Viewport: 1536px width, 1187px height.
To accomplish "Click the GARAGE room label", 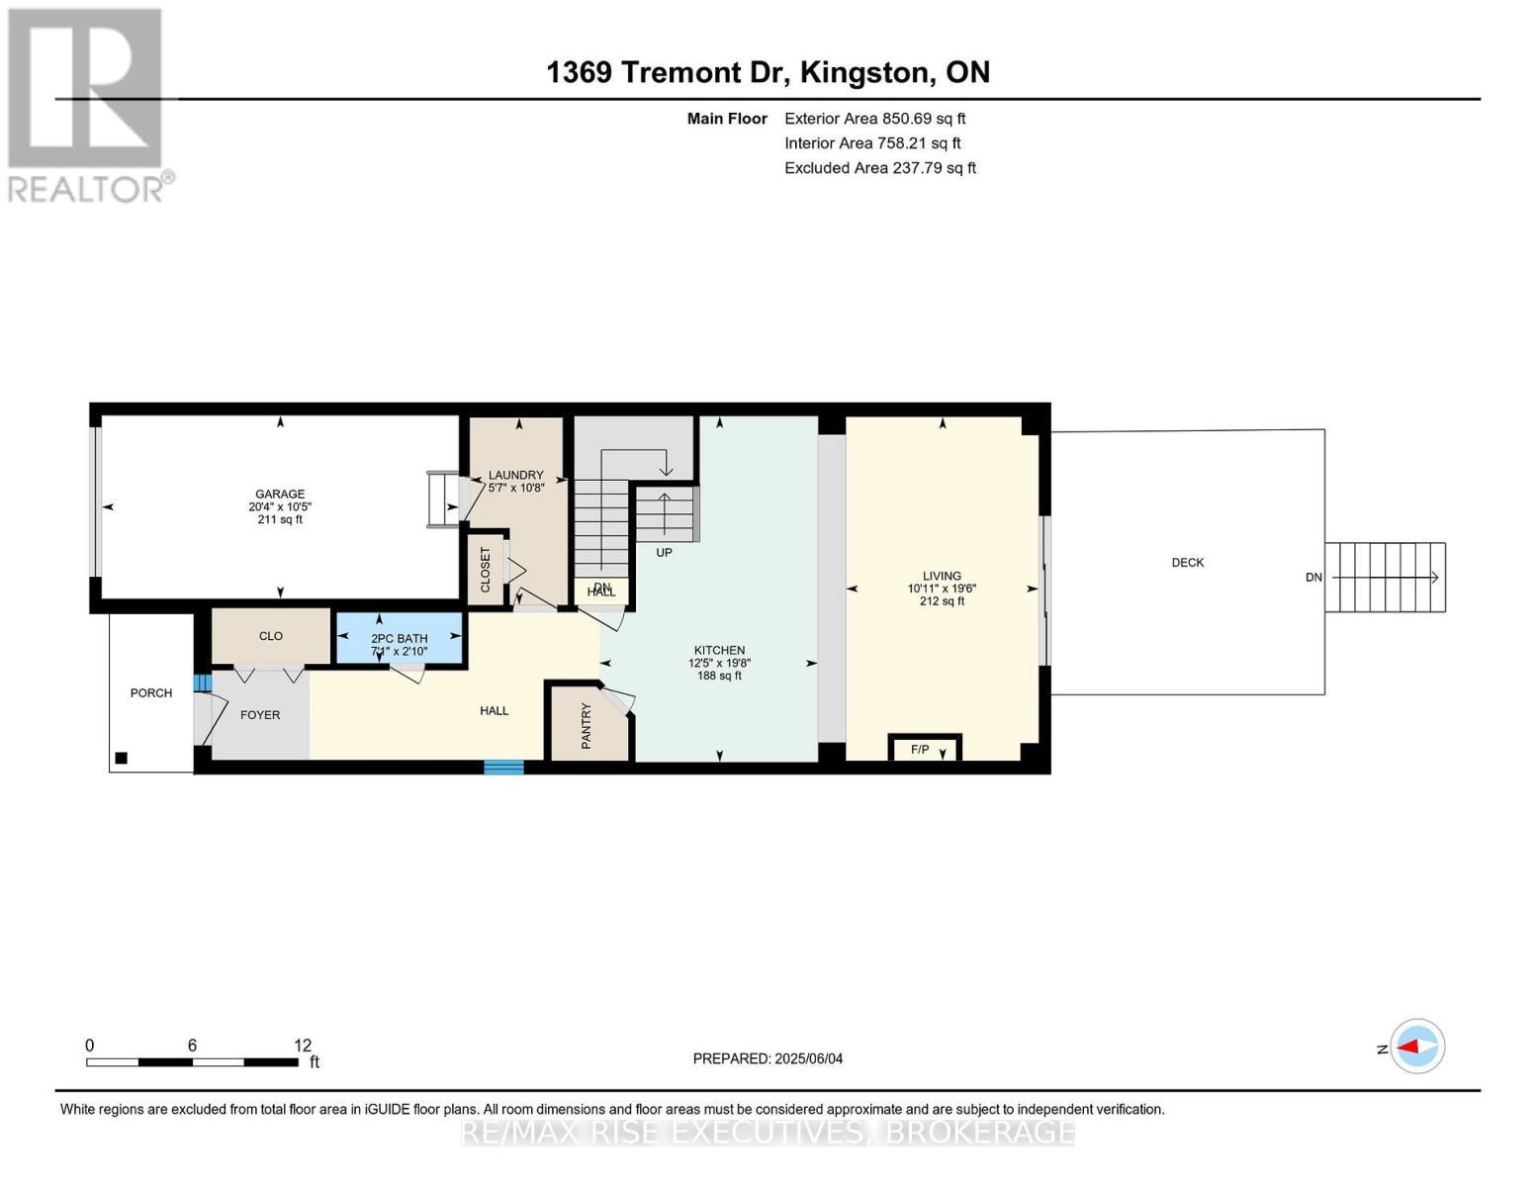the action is (280, 494).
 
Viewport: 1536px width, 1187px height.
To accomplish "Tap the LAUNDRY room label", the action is (515, 475).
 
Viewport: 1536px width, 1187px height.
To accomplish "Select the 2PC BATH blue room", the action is (400, 639).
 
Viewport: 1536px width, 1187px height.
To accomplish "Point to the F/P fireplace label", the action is (920, 750).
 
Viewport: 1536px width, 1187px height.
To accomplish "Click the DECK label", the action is (1187, 562).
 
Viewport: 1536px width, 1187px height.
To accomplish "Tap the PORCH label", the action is (151, 692).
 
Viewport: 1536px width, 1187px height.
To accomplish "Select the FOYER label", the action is (260, 714).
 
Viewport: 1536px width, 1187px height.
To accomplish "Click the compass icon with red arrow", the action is (1417, 1046).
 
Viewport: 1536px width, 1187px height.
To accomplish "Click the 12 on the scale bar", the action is (303, 1045).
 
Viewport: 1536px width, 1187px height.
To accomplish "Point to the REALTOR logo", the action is (87, 104).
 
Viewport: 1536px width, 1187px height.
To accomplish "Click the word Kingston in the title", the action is (864, 72).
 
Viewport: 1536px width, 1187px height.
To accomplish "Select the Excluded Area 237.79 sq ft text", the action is (879, 168).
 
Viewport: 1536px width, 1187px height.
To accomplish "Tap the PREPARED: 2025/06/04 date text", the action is (768, 1058).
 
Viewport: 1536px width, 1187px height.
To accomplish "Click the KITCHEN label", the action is (719, 650).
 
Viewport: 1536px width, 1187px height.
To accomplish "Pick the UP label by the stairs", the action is (664, 552).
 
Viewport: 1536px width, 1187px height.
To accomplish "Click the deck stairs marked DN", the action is (1385, 577).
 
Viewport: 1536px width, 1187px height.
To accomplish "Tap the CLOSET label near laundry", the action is (486, 570).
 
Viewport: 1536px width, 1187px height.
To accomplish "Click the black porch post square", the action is (122, 759).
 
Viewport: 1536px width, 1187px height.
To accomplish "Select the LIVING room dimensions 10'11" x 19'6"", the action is (942, 588).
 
